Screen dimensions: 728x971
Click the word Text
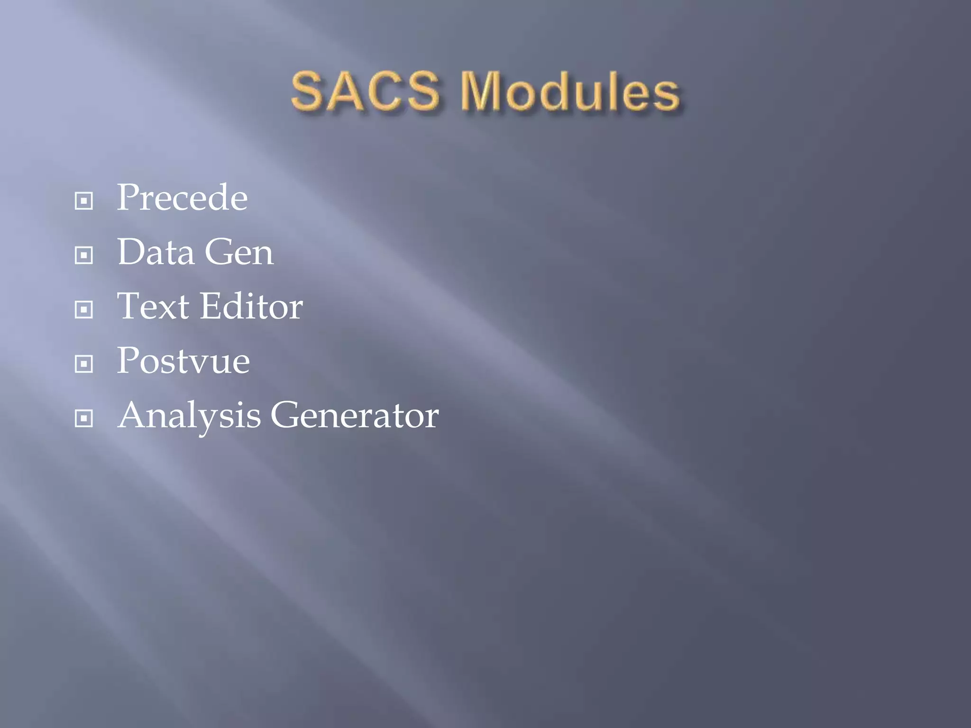(x=153, y=306)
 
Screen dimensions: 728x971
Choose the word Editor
(x=251, y=306)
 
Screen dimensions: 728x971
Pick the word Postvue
(x=183, y=361)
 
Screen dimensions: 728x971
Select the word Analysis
(x=189, y=416)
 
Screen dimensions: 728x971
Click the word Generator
(x=355, y=415)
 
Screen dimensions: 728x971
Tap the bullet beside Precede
(x=84, y=201)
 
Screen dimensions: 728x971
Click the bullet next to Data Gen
(x=84, y=255)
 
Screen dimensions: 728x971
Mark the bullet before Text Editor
(x=84, y=310)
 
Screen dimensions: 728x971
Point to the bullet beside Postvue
(x=84, y=364)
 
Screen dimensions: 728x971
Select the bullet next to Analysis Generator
(x=84, y=419)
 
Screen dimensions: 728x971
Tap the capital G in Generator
(x=286, y=415)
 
